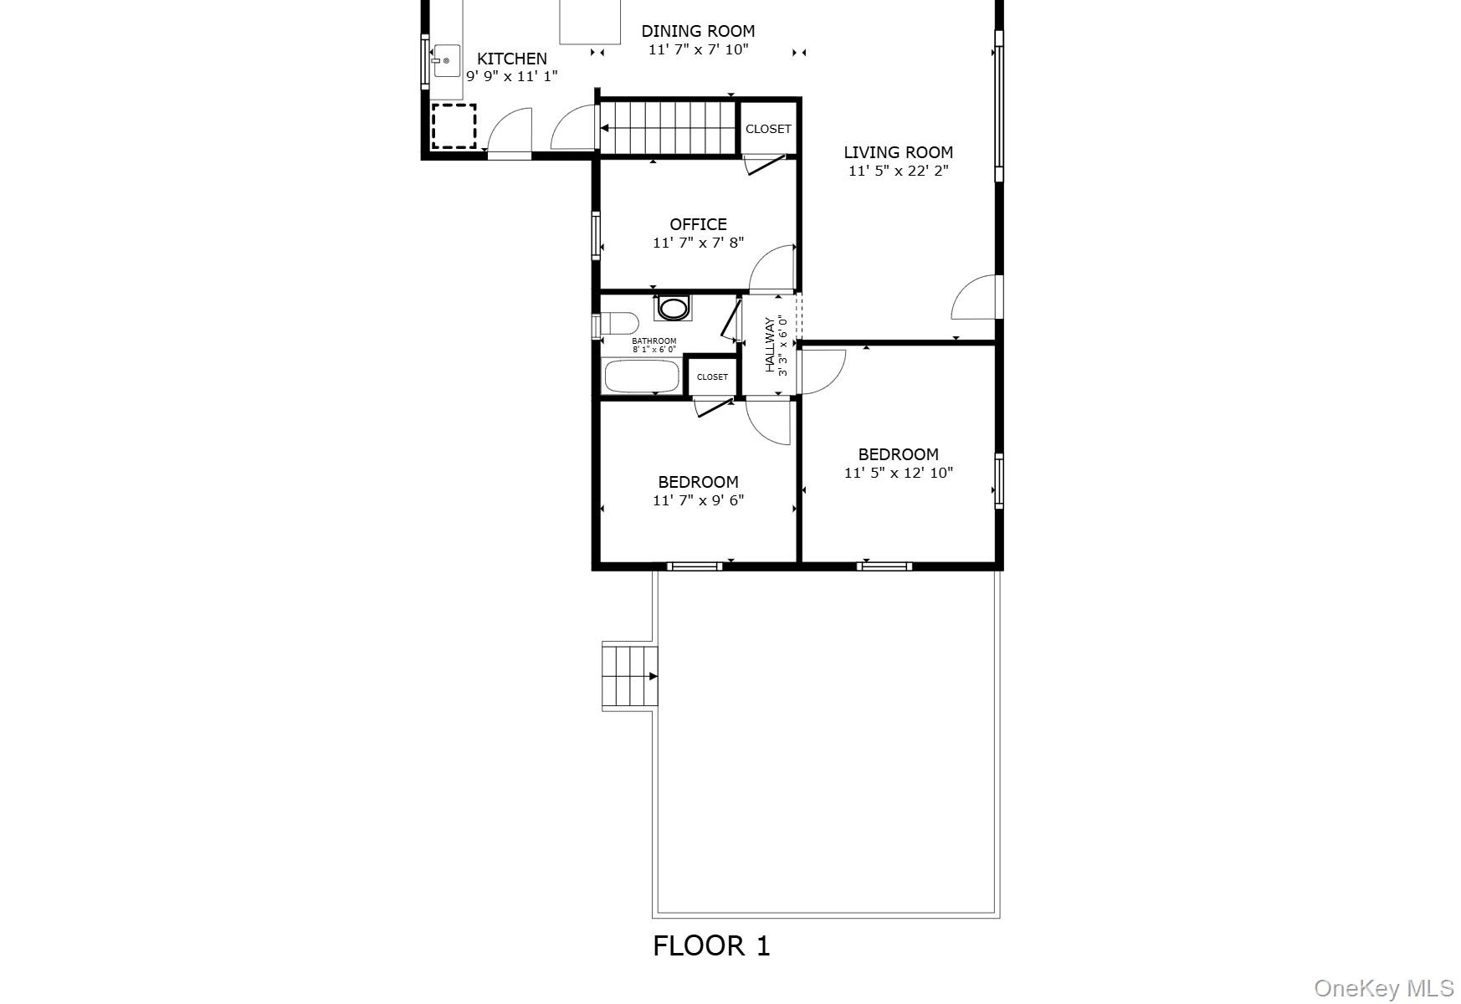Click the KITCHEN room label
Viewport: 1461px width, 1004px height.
tap(511, 59)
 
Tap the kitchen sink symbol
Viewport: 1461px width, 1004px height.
tap(446, 61)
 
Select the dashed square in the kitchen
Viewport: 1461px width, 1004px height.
tap(454, 126)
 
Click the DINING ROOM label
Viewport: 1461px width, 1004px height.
tap(698, 32)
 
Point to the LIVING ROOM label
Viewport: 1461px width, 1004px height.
tap(898, 152)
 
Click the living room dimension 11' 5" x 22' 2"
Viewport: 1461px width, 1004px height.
tap(898, 172)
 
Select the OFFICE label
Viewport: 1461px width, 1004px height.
tap(698, 224)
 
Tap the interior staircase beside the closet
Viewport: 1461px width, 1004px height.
tap(668, 128)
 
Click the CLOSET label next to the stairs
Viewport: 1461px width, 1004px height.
tap(768, 129)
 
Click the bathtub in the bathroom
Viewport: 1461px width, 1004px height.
tap(642, 376)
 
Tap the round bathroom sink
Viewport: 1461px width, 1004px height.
tap(672, 308)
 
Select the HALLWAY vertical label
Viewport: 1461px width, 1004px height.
tap(770, 345)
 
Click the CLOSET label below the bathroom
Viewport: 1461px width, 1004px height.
tap(712, 377)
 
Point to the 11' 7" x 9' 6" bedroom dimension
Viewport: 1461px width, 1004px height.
tap(698, 500)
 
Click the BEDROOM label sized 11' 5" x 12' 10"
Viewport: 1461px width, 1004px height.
tap(898, 454)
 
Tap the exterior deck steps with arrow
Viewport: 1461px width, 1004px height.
tap(629, 676)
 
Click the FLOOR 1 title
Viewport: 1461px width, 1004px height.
tap(711, 946)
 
